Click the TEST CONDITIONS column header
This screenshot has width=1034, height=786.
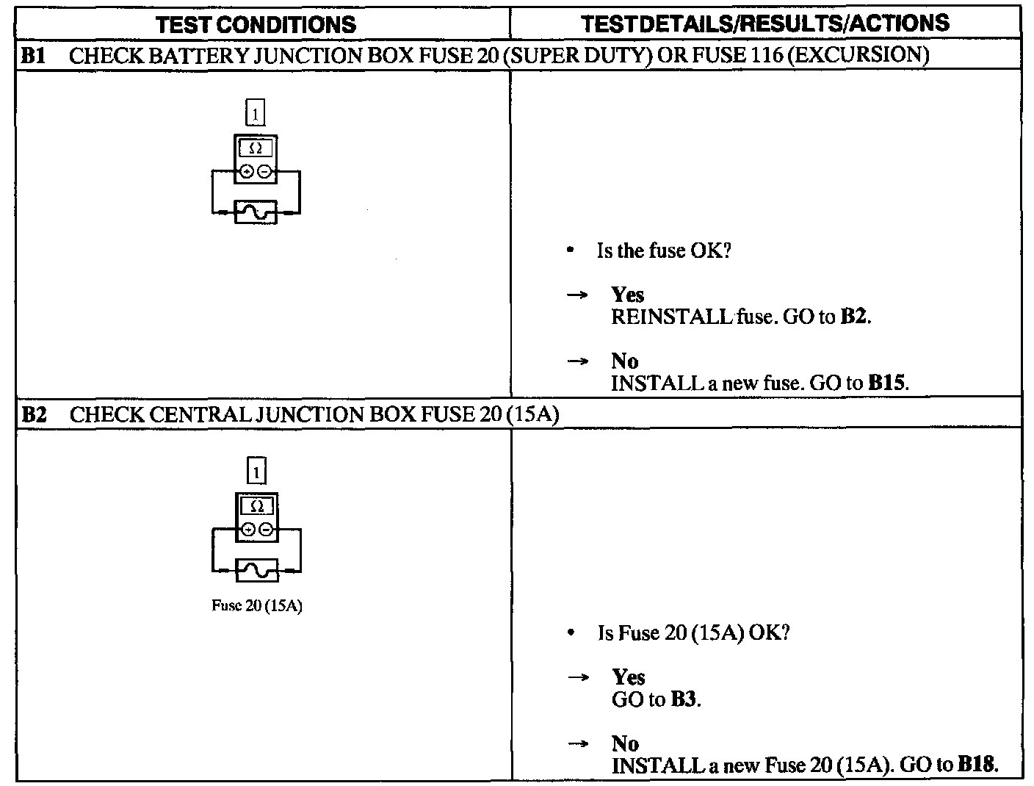(256, 24)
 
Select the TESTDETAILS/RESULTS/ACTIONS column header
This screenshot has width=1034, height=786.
(765, 23)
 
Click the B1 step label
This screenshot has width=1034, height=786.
(34, 56)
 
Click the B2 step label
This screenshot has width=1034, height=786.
(34, 414)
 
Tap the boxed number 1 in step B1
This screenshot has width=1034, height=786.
(254, 114)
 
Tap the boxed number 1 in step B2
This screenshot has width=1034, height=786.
(256, 471)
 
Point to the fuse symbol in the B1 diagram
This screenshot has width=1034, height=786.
(256, 212)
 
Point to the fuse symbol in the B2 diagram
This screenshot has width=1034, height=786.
(257, 570)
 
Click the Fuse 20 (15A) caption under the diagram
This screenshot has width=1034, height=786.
(257, 607)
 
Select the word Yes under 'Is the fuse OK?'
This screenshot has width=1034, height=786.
(627, 295)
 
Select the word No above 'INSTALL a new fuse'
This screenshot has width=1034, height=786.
(624, 361)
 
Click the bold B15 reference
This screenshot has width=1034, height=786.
(887, 383)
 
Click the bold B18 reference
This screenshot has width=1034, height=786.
(977, 765)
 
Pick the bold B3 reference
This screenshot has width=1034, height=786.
(684, 699)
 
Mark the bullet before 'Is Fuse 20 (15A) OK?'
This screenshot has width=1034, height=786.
(571, 633)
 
